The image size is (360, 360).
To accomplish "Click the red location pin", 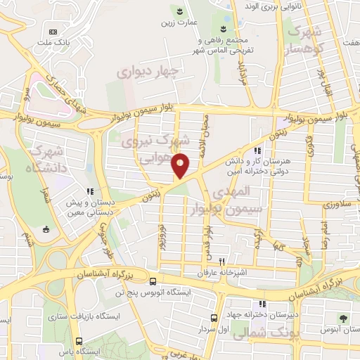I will pyautogui.click(x=181, y=165).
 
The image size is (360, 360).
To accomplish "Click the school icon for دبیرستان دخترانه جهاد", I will pyautogui.click(x=262, y=304).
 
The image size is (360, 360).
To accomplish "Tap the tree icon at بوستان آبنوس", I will pyautogui.click(x=343, y=318).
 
